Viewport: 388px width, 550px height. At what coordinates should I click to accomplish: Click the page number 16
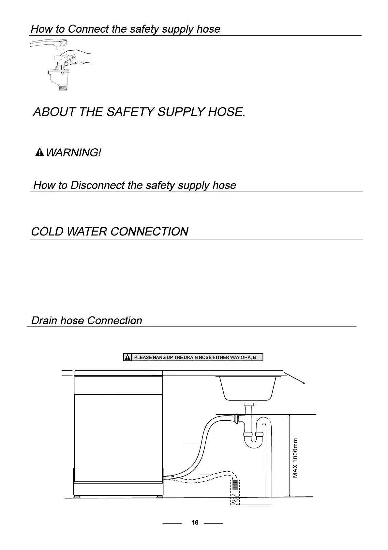coord(195,523)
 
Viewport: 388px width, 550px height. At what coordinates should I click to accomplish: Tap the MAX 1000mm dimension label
coord(295,458)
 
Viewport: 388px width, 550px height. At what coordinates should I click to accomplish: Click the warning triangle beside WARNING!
coord(40,152)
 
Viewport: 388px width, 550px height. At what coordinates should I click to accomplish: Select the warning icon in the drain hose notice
coord(128,357)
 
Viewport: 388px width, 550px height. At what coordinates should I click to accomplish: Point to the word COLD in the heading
coord(47,232)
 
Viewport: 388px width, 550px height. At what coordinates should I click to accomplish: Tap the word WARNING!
coord(73,152)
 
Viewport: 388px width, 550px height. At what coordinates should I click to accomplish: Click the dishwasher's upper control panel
coord(118,385)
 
